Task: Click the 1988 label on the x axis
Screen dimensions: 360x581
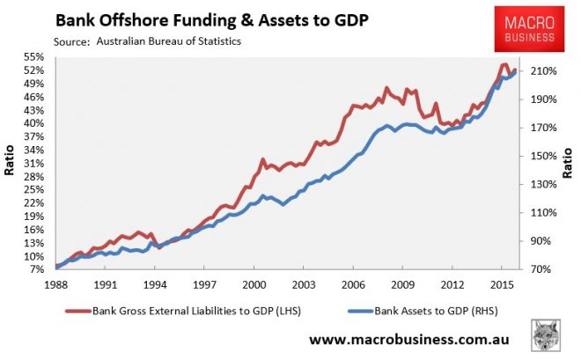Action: click(55, 284)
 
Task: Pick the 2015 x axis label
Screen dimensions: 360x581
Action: click(501, 284)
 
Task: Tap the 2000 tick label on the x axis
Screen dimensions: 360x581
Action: click(254, 284)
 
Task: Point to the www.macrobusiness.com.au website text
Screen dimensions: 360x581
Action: click(412, 340)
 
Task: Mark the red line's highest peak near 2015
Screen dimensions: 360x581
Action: click(503, 64)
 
